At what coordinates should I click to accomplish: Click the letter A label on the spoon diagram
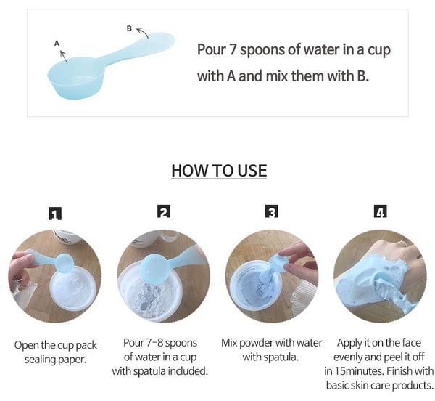[57, 44]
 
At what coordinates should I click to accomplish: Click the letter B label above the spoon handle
[129, 28]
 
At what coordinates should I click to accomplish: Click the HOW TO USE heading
[218, 171]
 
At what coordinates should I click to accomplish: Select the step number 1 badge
[55, 214]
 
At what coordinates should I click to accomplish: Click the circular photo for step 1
[55, 277]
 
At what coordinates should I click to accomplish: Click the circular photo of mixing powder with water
[272, 277]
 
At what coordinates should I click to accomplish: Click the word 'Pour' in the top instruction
[212, 50]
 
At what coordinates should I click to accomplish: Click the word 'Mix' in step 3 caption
[231, 343]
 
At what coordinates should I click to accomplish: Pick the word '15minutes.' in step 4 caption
[360, 370]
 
